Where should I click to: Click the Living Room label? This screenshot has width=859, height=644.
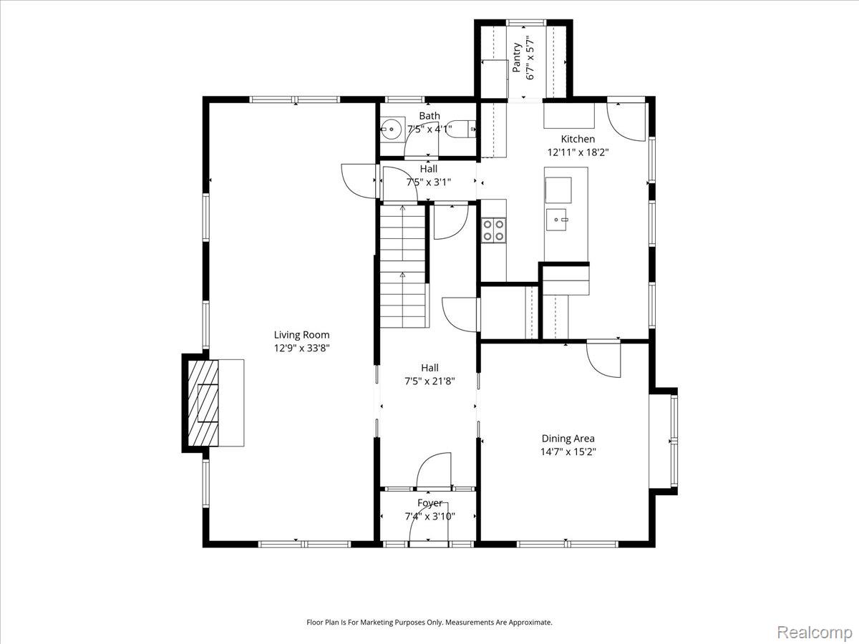pyautogui.click(x=301, y=335)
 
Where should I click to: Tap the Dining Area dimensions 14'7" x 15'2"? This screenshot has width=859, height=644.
pyautogui.click(x=568, y=452)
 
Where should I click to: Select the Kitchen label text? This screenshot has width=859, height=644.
pyautogui.click(x=578, y=139)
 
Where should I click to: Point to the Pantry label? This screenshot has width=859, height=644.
pyautogui.click(x=517, y=57)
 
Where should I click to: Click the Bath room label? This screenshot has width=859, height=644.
pyautogui.click(x=429, y=116)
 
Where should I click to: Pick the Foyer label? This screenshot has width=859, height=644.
pyautogui.click(x=429, y=503)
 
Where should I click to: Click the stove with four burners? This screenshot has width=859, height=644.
pyautogui.click(x=493, y=230)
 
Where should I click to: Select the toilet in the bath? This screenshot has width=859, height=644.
pyautogui.click(x=461, y=129)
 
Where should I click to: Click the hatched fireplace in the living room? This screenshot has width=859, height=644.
pyautogui.click(x=203, y=403)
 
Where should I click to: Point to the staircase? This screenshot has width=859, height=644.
pyautogui.click(x=403, y=267)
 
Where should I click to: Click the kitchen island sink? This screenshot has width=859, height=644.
pyautogui.click(x=556, y=220)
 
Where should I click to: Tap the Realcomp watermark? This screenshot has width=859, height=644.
pyautogui.click(x=815, y=632)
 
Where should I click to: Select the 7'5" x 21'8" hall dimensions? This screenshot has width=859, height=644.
pyautogui.click(x=429, y=381)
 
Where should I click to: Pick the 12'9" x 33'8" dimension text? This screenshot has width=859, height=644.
pyautogui.click(x=302, y=348)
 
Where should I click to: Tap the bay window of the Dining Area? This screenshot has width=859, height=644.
pyautogui.click(x=664, y=441)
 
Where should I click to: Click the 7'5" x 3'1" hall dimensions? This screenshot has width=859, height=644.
pyautogui.click(x=429, y=182)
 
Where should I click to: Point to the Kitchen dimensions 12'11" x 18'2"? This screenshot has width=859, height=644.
pyautogui.click(x=578, y=152)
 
